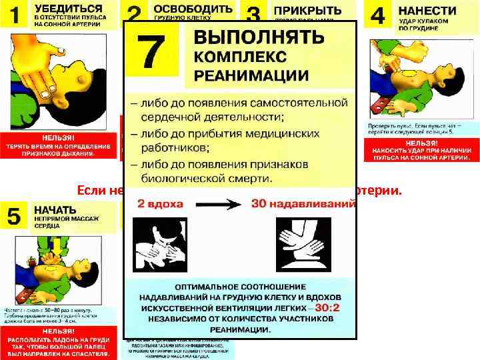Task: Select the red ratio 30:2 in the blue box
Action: click(x=329, y=308)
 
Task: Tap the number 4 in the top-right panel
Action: click(x=378, y=16)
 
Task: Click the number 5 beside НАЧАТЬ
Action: click(x=13, y=215)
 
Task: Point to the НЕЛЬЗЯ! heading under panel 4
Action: click(x=421, y=142)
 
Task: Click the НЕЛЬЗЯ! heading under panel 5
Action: click(x=59, y=331)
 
